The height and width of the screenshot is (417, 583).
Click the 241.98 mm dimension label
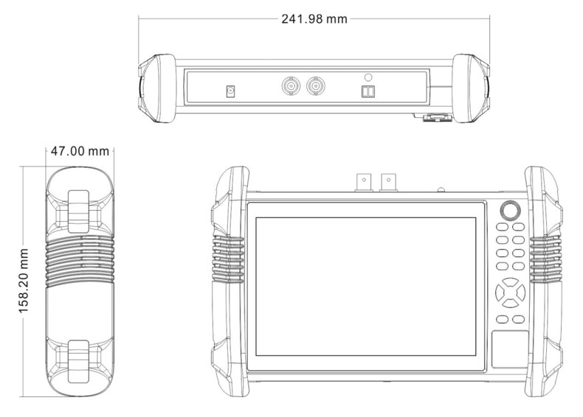pyautogui.click(x=314, y=19)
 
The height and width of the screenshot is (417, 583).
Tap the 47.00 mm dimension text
pyautogui.click(x=80, y=151)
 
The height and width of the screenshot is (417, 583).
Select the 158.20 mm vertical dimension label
pyautogui.click(x=24, y=281)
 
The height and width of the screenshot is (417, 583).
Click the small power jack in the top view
pyautogui.click(x=230, y=91)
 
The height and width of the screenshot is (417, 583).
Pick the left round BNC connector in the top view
pyautogui.click(x=291, y=86)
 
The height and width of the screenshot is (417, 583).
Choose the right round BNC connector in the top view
pyautogui.click(x=316, y=86)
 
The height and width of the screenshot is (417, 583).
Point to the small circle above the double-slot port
pyautogui.click(x=368, y=77)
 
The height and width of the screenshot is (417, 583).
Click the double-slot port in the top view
pyautogui.click(x=368, y=91)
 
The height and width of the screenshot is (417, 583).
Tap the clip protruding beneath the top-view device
pyautogui.click(x=437, y=118)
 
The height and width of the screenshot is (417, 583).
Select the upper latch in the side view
pyautogui.click(x=78, y=211)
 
